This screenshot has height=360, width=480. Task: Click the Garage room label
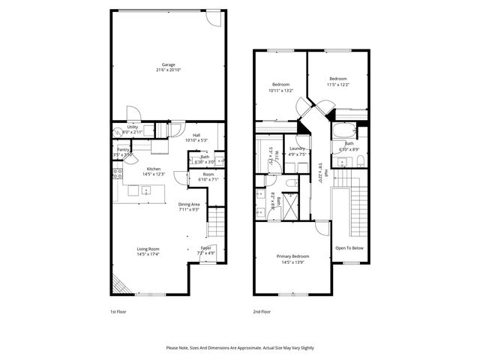(168, 64)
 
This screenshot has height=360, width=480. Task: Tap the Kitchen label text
(154, 169)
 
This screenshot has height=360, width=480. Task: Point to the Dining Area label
(188, 204)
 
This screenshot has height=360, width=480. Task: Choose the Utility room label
(132, 127)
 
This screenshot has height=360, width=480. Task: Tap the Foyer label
(205, 247)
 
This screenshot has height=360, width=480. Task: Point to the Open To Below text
(349, 248)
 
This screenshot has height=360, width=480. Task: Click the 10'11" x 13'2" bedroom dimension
(280, 91)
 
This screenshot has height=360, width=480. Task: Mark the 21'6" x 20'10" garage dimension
(168, 70)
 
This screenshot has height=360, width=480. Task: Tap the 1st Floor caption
(118, 310)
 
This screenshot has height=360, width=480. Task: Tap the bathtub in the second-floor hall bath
(345, 136)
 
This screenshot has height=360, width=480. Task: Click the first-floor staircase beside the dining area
(215, 221)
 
